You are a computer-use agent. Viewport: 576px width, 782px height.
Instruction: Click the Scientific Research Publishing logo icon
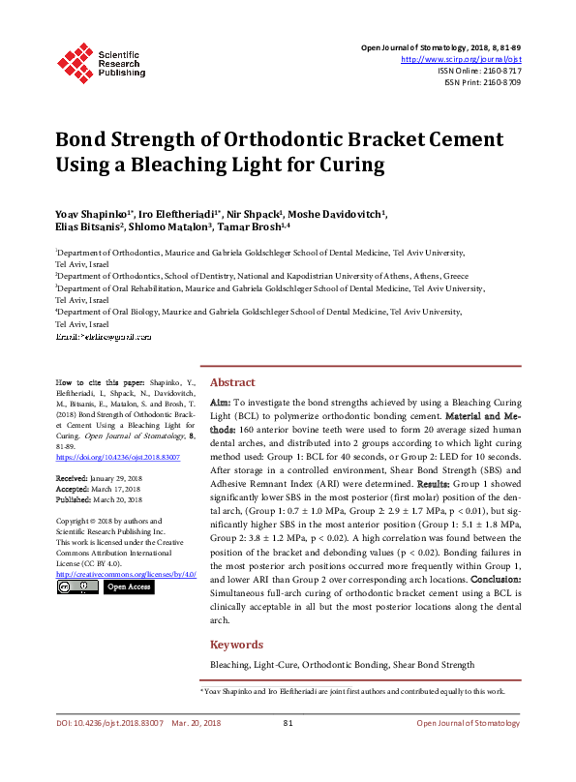point(74,60)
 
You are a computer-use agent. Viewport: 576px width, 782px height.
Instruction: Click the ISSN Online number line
point(479,71)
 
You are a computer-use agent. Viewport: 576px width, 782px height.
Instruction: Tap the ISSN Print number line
point(483,82)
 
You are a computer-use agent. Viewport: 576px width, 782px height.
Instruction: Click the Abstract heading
point(232,382)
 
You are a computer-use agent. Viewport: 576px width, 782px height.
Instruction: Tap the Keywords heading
point(237,644)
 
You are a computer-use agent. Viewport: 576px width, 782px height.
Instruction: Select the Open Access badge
point(129,586)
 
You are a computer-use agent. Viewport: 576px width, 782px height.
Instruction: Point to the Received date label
point(74,478)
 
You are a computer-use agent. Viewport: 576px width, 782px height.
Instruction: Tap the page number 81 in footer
point(288,750)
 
